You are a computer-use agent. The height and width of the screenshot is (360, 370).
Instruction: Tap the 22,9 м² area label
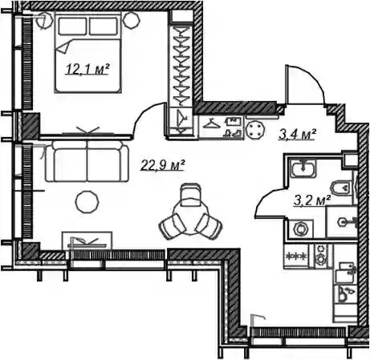pos(163,164)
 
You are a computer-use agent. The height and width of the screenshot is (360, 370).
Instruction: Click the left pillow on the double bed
pos(72,26)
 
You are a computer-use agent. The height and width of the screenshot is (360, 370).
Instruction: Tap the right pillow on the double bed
pos(104,26)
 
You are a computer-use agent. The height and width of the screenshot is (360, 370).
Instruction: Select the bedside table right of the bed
pos(132,20)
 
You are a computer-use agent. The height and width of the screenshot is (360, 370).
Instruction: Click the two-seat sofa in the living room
pos(87,161)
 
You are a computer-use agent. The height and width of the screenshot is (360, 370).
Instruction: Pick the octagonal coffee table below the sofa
pos(87,201)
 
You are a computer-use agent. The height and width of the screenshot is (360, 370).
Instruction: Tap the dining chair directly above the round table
pos(190,194)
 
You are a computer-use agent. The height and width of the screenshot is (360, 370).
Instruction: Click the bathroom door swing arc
pos(267,198)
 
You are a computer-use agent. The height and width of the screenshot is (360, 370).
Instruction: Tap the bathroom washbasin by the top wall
pos(303,168)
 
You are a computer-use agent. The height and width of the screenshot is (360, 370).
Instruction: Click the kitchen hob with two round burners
pos(320,256)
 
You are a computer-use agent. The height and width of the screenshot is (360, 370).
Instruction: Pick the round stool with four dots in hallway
pos(256,129)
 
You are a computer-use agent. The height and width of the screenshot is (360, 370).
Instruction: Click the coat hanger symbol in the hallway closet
pos(211,124)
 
